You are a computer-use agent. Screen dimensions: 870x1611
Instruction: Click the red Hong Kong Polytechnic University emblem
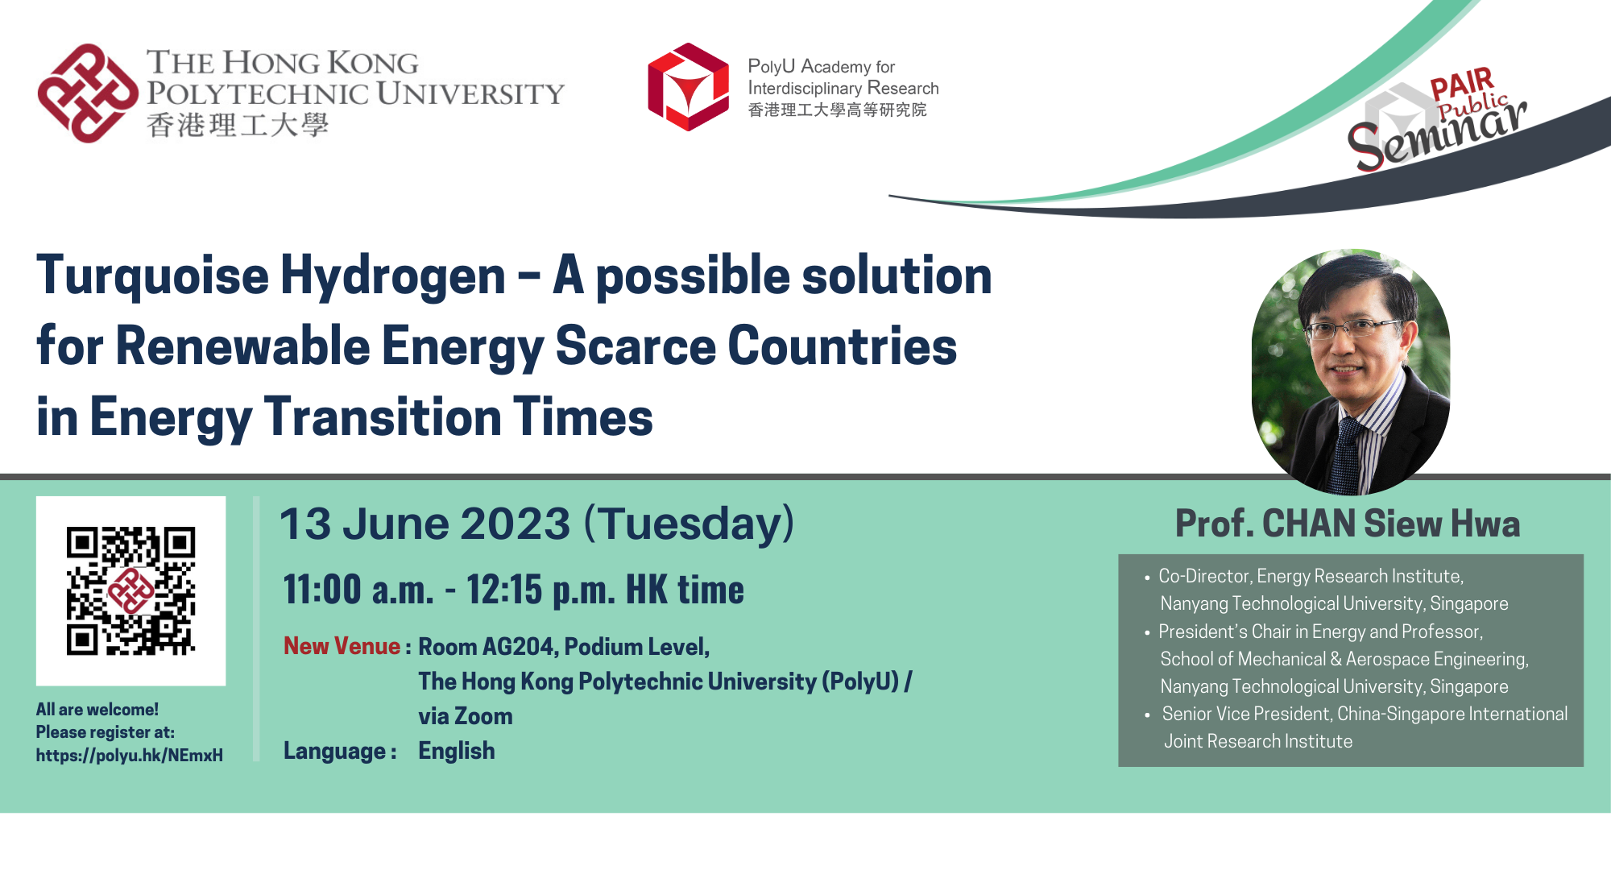(87, 93)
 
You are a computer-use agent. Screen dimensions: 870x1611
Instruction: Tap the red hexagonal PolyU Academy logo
(688, 87)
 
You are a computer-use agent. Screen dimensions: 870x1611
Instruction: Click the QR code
(130, 590)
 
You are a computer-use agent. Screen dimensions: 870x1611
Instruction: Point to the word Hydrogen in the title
(392, 276)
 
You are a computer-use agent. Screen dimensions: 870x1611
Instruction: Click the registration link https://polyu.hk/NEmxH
(129, 756)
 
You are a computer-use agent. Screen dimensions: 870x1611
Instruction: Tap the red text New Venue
(342, 646)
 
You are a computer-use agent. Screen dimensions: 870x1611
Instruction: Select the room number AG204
(518, 647)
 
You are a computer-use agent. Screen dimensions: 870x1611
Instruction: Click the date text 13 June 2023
(424, 524)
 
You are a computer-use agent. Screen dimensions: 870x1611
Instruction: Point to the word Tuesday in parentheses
(689, 524)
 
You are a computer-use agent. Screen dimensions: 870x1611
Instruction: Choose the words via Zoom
(465, 716)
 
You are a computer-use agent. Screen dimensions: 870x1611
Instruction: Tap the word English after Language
(456, 751)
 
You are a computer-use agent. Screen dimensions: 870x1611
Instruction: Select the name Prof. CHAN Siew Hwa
(1347, 524)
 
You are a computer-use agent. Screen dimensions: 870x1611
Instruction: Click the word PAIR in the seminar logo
(1461, 84)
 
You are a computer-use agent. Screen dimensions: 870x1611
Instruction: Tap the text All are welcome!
(97, 710)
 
